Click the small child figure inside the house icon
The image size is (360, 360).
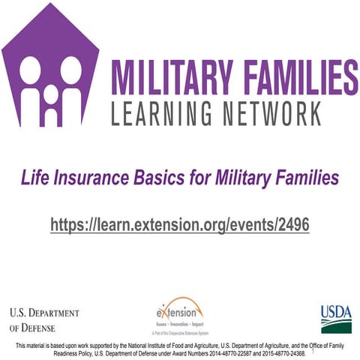point(50,102)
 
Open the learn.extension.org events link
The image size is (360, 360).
point(180,224)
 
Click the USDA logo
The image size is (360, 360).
point(336,318)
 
